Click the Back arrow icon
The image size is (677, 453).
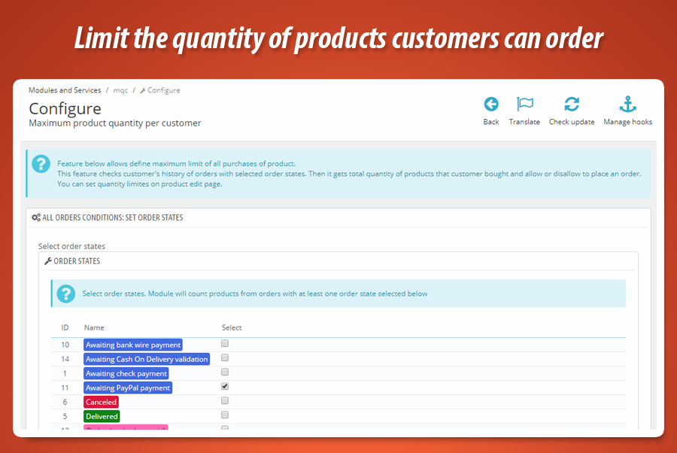click(491, 105)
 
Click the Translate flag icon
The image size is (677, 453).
click(524, 105)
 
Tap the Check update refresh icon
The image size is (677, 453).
click(572, 105)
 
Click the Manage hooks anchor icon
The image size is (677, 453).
click(627, 105)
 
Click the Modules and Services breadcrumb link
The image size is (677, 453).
click(65, 90)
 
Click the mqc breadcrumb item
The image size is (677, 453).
click(120, 90)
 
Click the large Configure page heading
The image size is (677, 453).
click(65, 108)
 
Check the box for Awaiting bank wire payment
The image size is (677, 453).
click(225, 344)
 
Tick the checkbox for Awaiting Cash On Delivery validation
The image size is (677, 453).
click(225, 358)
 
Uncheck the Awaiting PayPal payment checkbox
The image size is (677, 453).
click(225, 387)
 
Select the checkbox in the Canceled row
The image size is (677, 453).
click(225, 401)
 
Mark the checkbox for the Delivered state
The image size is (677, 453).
click(225, 415)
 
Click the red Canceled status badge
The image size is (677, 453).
click(101, 403)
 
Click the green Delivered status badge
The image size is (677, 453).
click(102, 416)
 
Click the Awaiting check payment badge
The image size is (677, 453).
click(126, 374)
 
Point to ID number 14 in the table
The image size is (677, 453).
click(65, 360)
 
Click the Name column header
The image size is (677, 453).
click(94, 328)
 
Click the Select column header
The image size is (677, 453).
click(232, 328)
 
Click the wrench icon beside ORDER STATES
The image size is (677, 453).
click(48, 262)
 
